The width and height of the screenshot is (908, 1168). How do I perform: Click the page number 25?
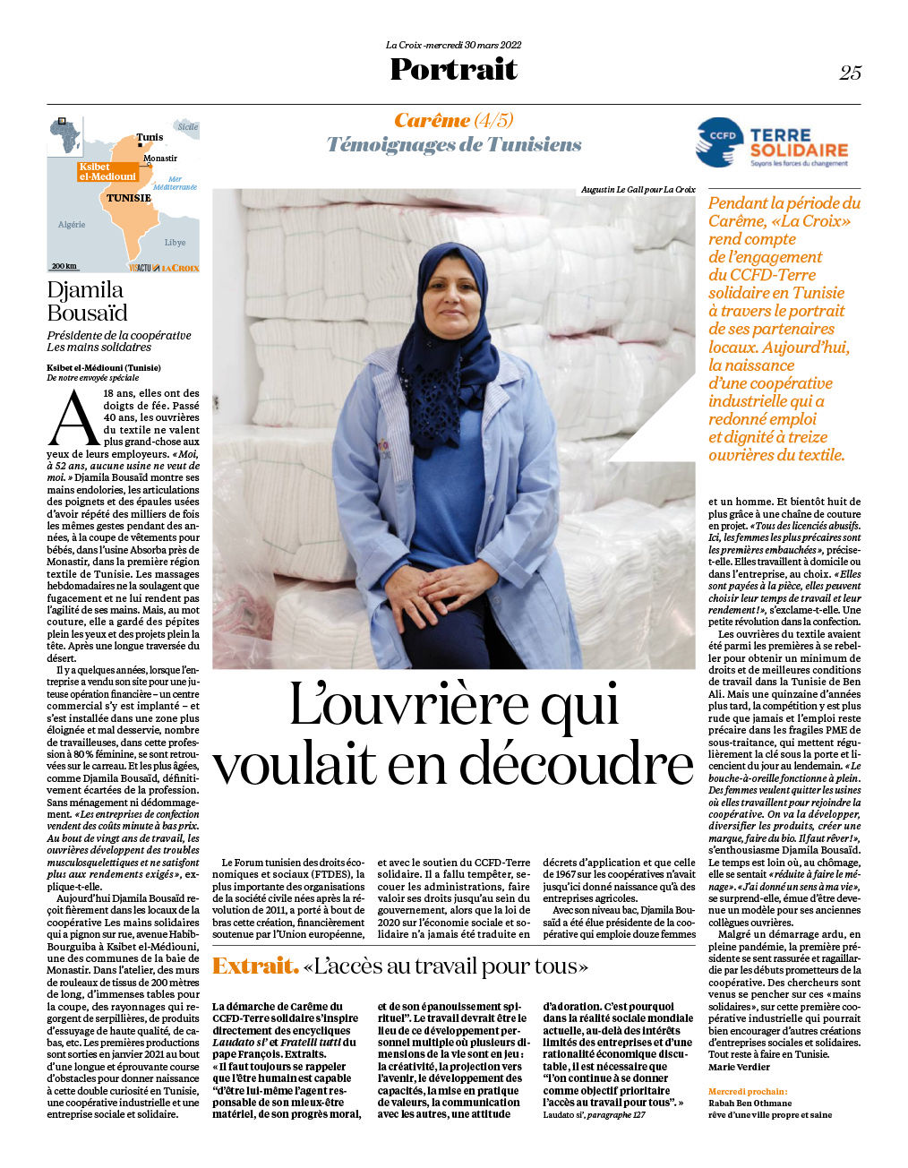[850, 73]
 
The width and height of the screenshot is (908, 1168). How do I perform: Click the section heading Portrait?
[453, 69]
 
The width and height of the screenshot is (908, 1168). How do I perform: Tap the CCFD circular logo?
[719, 143]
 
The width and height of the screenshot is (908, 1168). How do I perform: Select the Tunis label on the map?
[150, 138]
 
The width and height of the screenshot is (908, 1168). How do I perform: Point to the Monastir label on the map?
[160, 159]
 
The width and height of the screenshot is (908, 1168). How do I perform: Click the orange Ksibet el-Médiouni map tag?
[107, 172]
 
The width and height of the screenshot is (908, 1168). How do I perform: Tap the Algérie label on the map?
[72, 225]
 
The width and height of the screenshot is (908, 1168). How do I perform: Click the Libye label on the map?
[175, 242]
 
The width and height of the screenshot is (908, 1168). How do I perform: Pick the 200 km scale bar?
[64, 266]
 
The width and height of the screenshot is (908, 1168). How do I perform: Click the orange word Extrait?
[254, 966]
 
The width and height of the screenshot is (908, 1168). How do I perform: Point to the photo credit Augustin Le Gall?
[638, 190]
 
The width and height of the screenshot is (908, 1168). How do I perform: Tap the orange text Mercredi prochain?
[748, 1092]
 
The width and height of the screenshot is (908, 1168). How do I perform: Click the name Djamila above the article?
[85, 289]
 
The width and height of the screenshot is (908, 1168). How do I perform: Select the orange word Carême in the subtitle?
[432, 120]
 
